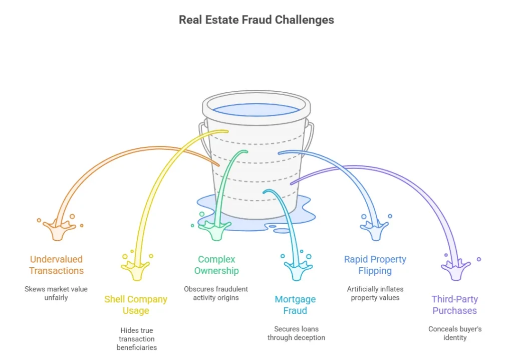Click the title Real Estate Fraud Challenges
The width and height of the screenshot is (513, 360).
(256, 20)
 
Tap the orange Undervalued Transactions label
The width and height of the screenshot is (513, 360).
(56, 265)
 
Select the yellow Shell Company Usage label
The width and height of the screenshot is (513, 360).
(136, 305)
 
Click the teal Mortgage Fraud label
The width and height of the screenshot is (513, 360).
(295, 305)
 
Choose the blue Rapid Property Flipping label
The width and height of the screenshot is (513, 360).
(375, 265)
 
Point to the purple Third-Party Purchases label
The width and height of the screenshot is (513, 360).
(454, 305)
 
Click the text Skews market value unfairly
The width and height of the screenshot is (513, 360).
(56, 293)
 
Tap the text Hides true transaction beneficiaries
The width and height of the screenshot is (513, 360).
(136, 339)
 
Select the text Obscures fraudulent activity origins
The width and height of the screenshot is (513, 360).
(216, 293)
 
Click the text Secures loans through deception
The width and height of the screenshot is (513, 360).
(296, 333)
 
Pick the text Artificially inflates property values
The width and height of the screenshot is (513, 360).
(375, 293)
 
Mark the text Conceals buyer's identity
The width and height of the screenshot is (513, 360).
(454, 333)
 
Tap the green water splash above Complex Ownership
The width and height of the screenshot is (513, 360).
(215, 230)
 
